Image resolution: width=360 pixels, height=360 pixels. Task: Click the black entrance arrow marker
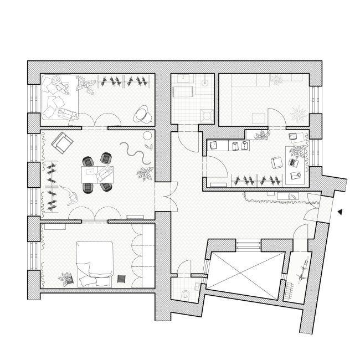tap(341, 211)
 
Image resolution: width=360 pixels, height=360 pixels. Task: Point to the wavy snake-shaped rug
tap(133, 151)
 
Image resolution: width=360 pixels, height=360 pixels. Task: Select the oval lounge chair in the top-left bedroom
tap(143, 114)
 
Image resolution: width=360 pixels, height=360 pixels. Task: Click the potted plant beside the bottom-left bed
tap(69, 277)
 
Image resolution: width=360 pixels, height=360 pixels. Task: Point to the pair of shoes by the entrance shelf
tap(290, 197)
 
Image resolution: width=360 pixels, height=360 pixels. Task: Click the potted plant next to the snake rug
tap(144, 174)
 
